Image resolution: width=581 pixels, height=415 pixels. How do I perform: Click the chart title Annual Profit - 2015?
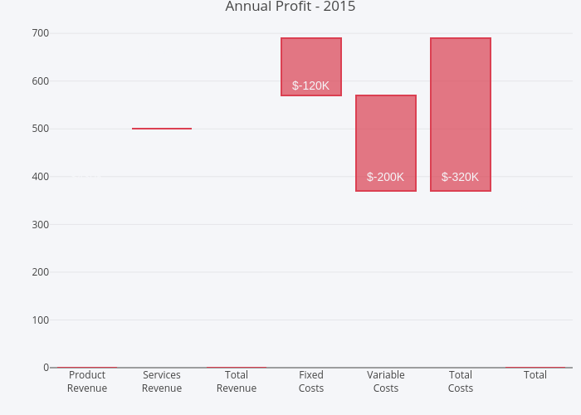(x=290, y=7)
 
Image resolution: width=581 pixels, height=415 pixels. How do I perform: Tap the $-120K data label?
(x=310, y=85)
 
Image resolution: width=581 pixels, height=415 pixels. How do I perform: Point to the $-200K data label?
(x=385, y=177)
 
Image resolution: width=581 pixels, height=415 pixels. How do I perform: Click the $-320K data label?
(x=460, y=177)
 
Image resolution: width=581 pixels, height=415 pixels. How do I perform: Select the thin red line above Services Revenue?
(x=162, y=129)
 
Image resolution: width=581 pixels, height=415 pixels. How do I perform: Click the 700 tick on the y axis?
(x=41, y=33)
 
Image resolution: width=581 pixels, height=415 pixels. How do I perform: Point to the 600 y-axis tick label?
(x=41, y=81)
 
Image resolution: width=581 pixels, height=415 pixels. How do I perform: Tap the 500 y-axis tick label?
(x=41, y=129)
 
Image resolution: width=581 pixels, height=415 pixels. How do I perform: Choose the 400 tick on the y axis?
(x=41, y=177)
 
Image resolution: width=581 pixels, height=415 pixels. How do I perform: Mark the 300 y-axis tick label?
(x=41, y=224)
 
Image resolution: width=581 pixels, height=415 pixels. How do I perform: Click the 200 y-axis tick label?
(x=41, y=272)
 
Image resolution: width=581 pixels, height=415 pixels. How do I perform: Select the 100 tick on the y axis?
(x=41, y=320)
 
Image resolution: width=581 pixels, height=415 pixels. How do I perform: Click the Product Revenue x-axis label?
(x=87, y=382)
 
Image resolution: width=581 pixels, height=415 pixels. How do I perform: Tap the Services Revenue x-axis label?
(x=162, y=382)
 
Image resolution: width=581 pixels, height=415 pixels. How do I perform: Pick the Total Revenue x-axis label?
(x=237, y=382)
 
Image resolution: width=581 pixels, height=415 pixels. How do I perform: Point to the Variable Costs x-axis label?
(x=386, y=382)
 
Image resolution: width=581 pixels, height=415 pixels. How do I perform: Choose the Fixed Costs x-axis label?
(x=311, y=382)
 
